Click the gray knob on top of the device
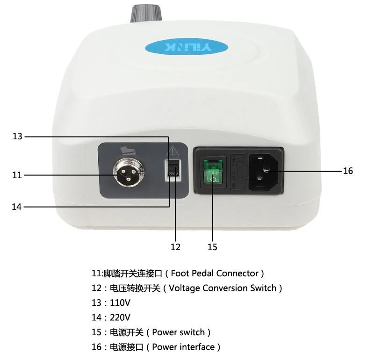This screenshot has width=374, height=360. (146, 13)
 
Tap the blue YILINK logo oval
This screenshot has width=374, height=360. (187, 47)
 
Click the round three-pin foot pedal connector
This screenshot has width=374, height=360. (129, 173)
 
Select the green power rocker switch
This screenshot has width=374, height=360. (213, 172)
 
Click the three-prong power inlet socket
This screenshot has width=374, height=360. (264, 171)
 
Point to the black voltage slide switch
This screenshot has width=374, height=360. (173, 168)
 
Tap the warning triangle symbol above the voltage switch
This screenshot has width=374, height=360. (173, 151)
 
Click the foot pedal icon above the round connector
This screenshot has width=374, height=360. (128, 151)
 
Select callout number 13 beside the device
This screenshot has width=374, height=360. (17, 136)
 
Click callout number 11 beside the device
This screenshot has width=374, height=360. (17, 175)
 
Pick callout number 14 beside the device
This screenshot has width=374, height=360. (17, 207)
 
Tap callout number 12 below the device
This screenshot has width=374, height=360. (175, 247)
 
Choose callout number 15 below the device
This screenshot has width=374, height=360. (212, 247)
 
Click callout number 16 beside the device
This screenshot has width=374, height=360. (348, 171)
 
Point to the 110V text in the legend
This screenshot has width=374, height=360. (120, 303)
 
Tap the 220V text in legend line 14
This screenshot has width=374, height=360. (120, 317)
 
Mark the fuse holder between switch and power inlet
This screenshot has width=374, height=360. (237, 172)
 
